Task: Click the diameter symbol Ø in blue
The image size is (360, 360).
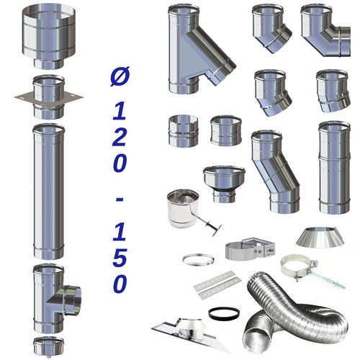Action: click(120, 76)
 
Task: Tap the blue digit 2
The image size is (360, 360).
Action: click(119, 138)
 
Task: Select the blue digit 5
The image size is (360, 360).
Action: click(120, 258)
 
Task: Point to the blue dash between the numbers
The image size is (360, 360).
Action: click(120, 200)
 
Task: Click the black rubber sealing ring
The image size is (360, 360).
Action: click(224, 313)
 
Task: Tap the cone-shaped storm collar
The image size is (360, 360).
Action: click(320, 236)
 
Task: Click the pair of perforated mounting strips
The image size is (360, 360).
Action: click(217, 285)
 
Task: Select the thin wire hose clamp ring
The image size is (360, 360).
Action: click(198, 260)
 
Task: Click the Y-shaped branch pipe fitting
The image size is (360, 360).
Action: click(200, 49)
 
